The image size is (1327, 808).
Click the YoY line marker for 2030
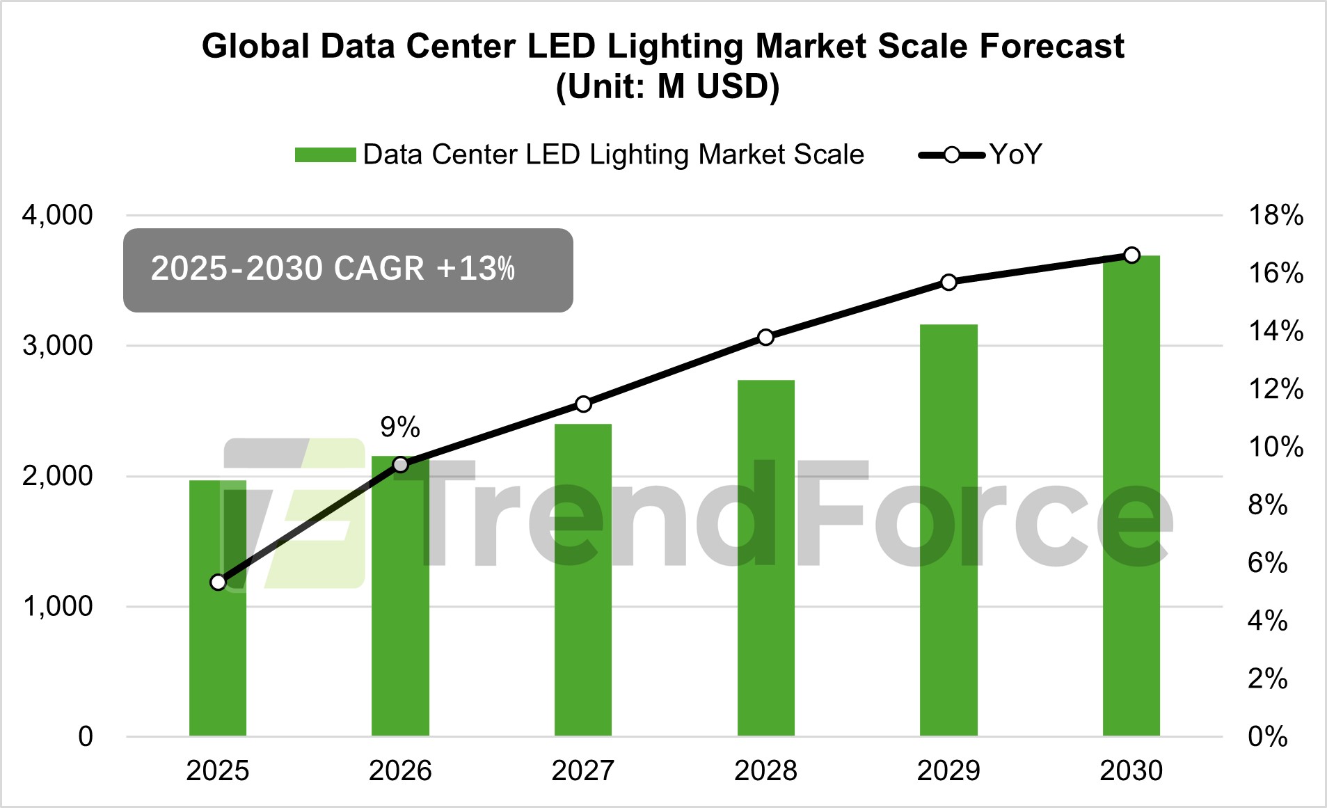(x=1132, y=255)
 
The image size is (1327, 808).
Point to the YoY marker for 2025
(x=218, y=582)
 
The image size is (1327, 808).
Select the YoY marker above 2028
(x=766, y=338)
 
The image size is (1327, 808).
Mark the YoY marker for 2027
(x=583, y=404)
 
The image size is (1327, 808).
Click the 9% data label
(x=400, y=427)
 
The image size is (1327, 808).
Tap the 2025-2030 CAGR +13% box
(x=348, y=270)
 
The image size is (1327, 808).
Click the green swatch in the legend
(x=325, y=155)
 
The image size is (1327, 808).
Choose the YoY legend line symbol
(x=951, y=155)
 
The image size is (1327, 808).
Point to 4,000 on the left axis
(x=57, y=215)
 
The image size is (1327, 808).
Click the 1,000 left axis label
(x=57, y=606)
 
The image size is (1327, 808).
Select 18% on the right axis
(x=1276, y=215)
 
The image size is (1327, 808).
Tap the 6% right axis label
(x=1268, y=562)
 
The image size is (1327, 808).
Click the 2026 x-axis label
(x=400, y=771)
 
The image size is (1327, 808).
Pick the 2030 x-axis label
(x=1131, y=771)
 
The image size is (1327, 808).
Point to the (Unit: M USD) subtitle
(x=667, y=87)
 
